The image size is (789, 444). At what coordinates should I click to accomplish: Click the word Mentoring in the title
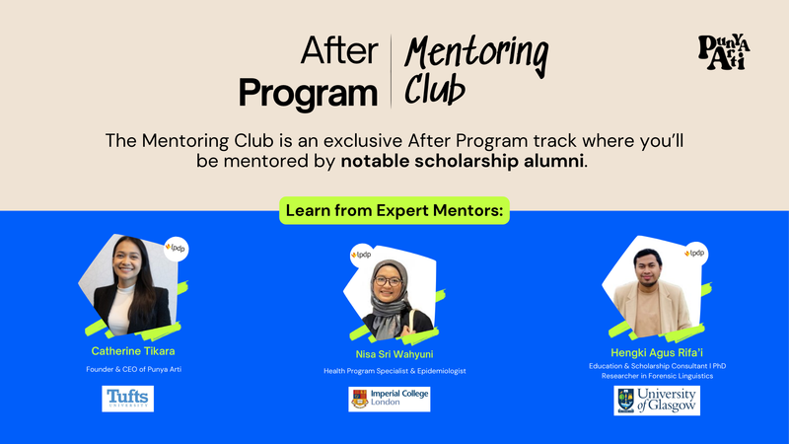[x=477, y=49]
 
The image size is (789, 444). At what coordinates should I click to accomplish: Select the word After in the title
[x=338, y=50]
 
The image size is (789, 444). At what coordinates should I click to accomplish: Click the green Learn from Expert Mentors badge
[x=394, y=210]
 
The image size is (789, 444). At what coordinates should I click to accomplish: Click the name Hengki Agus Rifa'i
[x=656, y=351]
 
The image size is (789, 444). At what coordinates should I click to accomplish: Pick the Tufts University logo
[x=128, y=399]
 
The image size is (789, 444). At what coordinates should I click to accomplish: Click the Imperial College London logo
[x=390, y=399]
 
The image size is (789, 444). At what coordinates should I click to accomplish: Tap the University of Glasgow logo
[x=656, y=400]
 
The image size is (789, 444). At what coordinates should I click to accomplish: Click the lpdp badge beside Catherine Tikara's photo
[x=177, y=249]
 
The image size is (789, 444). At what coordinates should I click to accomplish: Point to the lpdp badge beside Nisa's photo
[x=362, y=256]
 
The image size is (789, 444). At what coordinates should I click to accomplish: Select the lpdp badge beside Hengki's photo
[x=696, y=253]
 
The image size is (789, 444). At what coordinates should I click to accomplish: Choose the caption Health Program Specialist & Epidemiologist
[x=394, y=371]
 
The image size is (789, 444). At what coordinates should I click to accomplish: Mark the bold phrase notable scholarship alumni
[x=463, y=161]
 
